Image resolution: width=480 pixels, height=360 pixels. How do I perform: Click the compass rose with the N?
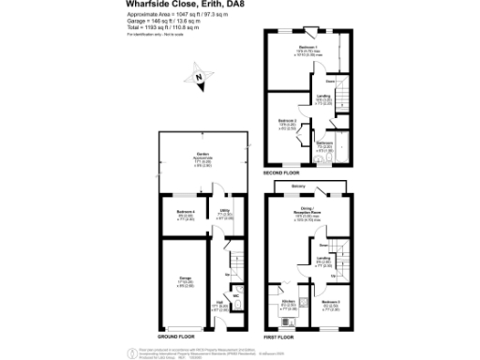click(x=199, y=80)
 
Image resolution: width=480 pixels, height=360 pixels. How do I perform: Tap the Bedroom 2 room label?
click(x=288, y=121)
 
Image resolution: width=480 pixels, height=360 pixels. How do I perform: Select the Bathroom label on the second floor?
click(x=324, y=143)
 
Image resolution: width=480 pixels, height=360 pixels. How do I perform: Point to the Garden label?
click(x=202, y=155)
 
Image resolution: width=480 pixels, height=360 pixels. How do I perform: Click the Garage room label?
click(x=186, y=278)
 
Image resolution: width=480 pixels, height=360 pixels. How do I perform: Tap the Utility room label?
click(x=225, y=211)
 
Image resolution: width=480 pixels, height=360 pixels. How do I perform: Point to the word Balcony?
click(x=297, y=186)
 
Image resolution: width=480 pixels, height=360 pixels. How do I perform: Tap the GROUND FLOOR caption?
click(x=175, y=336)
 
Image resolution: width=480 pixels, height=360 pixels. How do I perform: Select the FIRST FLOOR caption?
click(x=280, y=336)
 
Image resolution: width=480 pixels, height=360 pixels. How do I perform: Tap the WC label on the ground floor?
click(x=235, y=296)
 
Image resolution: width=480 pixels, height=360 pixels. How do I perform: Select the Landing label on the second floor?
click(x=322, y=97)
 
